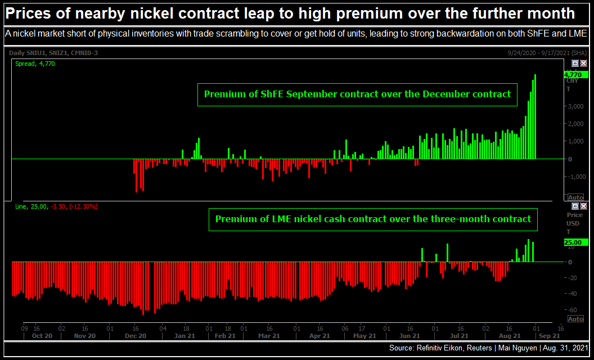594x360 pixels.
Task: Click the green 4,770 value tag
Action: [574, 75]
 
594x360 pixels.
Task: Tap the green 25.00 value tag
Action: [575, 242]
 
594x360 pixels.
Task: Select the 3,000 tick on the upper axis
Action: [573, 106]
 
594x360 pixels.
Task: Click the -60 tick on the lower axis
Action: [572, 310]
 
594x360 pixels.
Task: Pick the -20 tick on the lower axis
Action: [572, 278]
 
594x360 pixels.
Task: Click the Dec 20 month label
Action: [136, 336]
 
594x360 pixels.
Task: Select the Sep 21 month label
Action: [548, 336]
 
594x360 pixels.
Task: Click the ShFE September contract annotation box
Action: [357, 94]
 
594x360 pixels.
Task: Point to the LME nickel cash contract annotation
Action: [373, 219]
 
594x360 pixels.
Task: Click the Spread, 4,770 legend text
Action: [35, 64]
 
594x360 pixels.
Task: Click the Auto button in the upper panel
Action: [575, 197]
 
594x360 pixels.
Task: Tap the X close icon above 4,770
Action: [583, 64]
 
